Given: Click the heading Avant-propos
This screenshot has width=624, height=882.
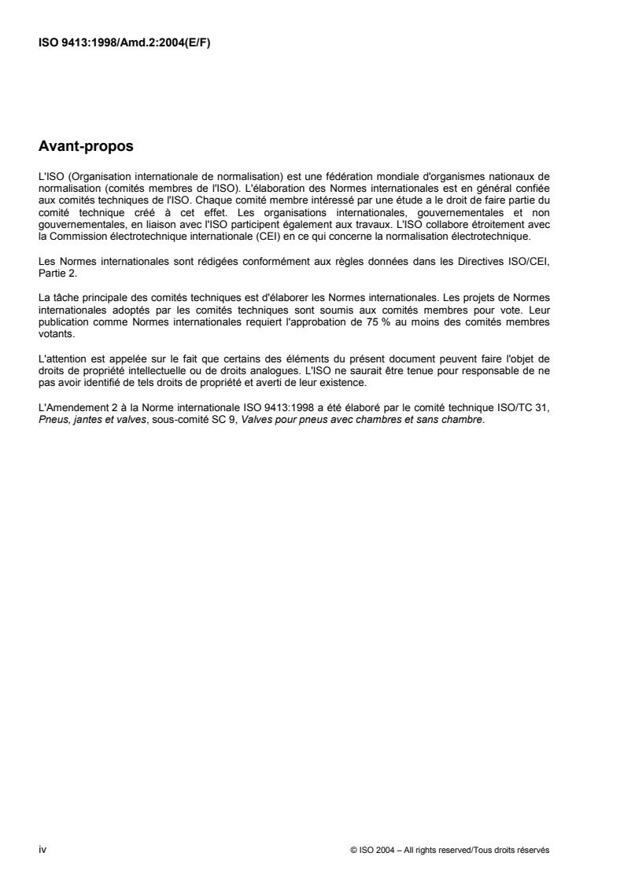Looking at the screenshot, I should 84,145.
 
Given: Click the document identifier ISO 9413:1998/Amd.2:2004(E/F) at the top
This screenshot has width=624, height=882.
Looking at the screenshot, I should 125,43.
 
